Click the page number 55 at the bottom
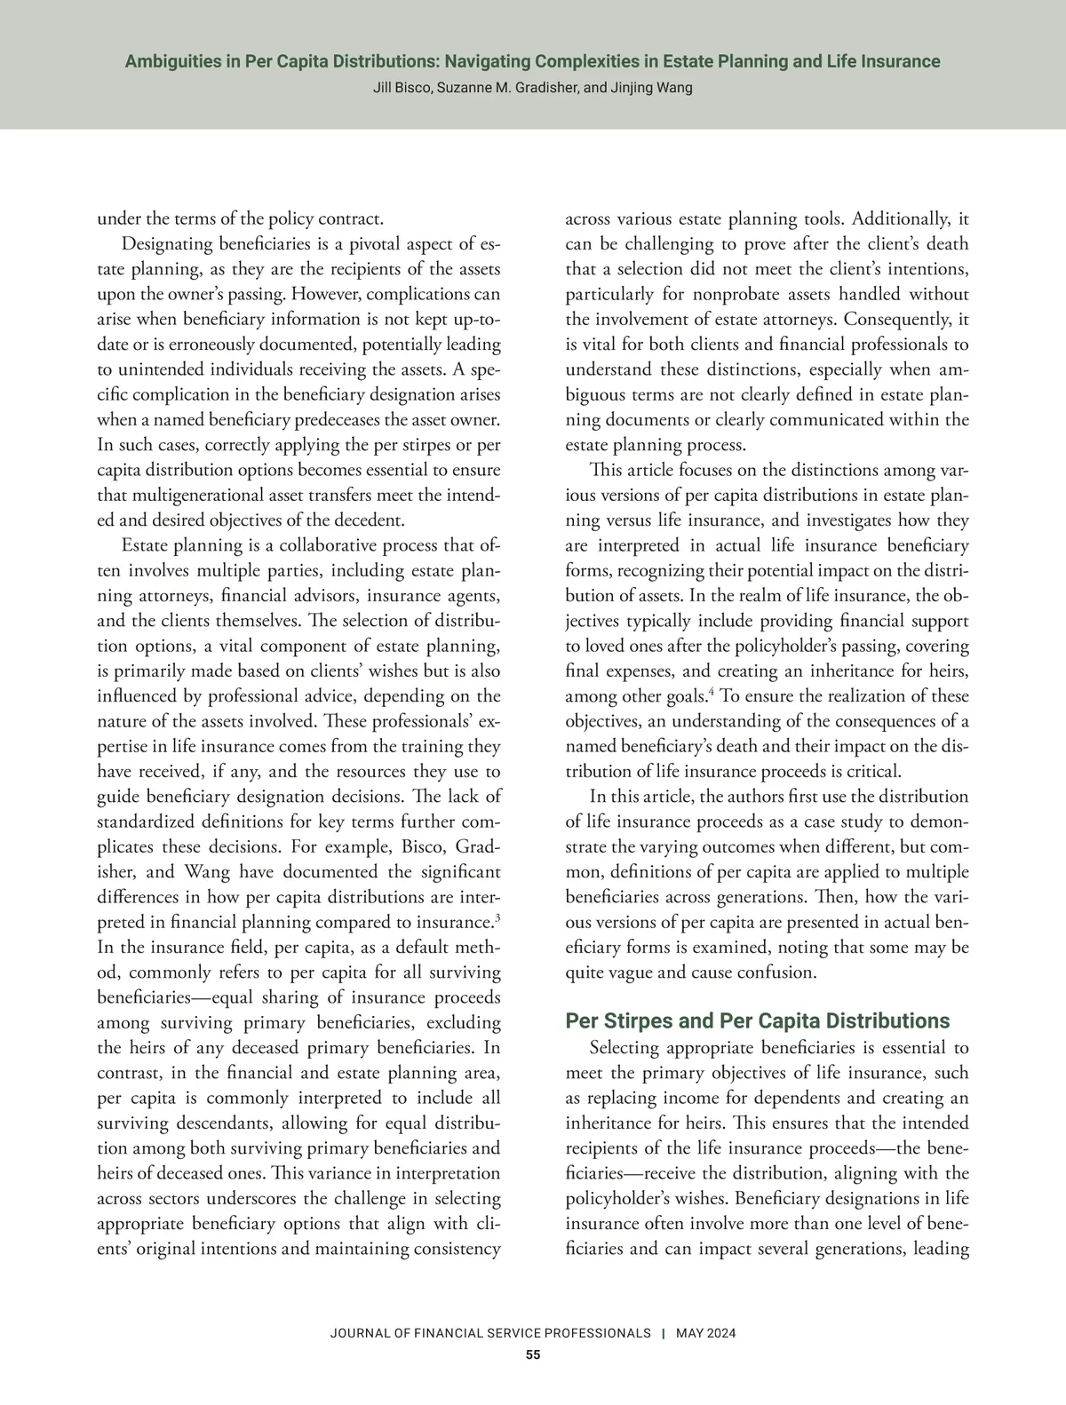tap(532, 1354)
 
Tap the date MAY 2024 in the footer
tap(705, 1334)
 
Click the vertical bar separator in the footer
tap(663, 1334)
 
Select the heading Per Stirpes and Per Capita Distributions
tap(758, 1021)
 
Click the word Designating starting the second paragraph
tap(166, 244)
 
